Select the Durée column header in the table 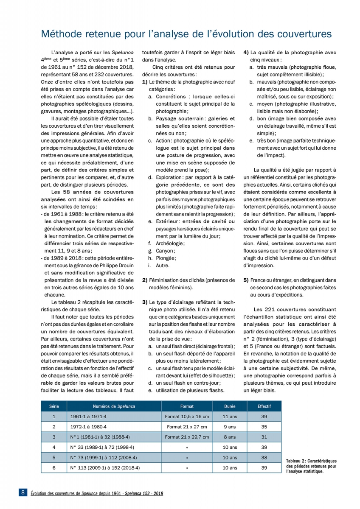coord(230,406)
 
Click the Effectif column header coord(264,406)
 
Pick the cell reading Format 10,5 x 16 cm coord(187,417)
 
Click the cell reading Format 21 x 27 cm coord(187,427)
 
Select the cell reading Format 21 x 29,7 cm coord(187,437)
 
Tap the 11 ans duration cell coord(230,417)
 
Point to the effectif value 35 coord(264,427)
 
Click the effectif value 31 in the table coord(264,437)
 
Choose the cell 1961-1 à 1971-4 coord(89,417)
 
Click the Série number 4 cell coord(54,447)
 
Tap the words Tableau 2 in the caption coord(296,461)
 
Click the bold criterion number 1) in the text coord(145,81)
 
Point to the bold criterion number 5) coord(246,280)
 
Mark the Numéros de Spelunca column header coord(114,406)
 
